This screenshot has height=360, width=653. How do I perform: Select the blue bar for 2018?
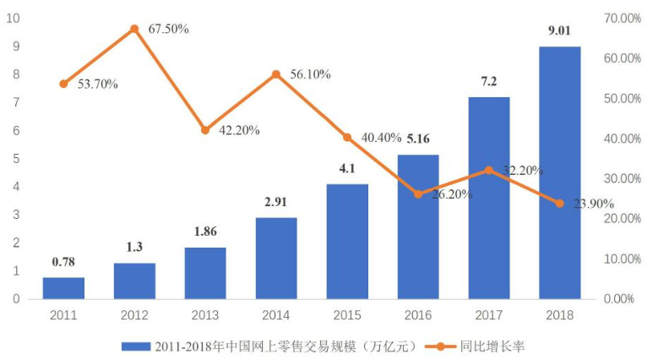pos(560,173)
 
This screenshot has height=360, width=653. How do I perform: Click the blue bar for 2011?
pos(63,288)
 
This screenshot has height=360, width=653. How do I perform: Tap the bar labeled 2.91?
pos(276,259)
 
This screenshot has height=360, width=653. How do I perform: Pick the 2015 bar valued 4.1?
pos(347,242)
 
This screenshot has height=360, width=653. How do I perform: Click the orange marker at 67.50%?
pos(134,29)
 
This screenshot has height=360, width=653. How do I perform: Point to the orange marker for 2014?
pos(276,74)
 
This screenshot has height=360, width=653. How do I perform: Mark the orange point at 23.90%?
pos(560,204)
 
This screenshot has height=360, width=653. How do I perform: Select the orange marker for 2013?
pos(205,130)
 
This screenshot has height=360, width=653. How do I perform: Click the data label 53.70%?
pos(98,85)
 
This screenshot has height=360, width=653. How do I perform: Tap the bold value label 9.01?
pos(559,30)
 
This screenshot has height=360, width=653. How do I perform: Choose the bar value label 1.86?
pos(205,232)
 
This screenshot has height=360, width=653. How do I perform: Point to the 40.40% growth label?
pos(381,138)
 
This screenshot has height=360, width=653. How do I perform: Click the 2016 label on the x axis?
pos(418,315)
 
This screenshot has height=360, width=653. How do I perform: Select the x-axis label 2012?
pos(134,315)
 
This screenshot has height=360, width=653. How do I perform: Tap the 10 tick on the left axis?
pos(14,19)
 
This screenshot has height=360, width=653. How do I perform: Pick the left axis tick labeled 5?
pos(17,159)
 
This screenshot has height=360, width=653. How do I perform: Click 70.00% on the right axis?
pos(623,19)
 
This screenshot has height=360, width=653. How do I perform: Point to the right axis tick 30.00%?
pos(623,179)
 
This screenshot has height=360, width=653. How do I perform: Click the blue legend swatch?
pos(136,346)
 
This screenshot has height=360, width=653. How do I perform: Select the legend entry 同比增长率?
pos(492,346)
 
